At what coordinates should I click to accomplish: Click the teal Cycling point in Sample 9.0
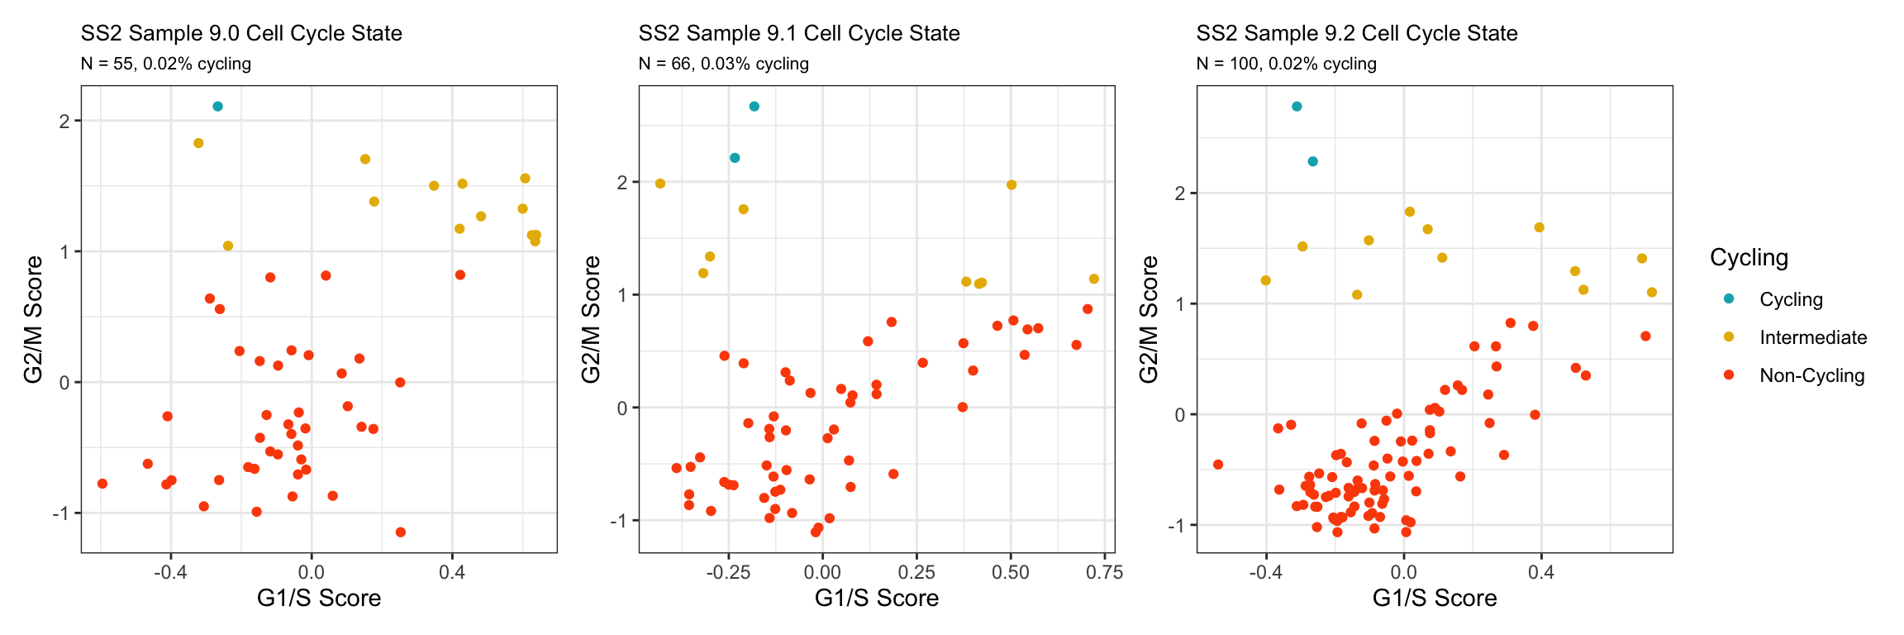point(217,107)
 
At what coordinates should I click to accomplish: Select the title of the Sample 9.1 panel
point(798,34)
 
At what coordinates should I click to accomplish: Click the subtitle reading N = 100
point(1286,64)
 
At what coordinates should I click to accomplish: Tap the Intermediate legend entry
point(1812,337)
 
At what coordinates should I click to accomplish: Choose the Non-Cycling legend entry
point(1811,375)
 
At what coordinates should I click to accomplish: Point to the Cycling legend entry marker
point(1729,298)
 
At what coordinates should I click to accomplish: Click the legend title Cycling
point(1749,258)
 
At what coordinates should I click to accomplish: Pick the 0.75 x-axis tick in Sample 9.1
point(1104,572)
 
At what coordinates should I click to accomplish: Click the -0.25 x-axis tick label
point(728,572)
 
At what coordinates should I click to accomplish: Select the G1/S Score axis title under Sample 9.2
point(1434,598)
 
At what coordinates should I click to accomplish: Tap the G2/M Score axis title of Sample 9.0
point(34,319)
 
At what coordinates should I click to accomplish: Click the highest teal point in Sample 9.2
point(1297,107)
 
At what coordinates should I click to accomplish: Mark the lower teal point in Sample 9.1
point(735,158)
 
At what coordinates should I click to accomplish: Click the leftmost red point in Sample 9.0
point(102,484)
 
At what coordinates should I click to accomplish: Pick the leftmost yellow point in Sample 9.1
point(660,184)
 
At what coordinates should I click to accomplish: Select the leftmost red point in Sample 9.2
point(1217,465)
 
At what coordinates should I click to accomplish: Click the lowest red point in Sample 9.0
point(401,532)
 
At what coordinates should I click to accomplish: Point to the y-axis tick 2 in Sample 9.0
point(64,122)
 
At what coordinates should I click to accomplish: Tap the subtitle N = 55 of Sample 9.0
point(165,64)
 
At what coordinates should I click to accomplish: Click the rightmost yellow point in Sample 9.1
point(1094,279)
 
